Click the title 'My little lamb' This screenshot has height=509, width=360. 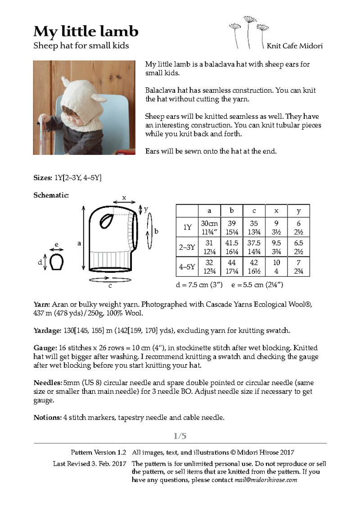(85, 32)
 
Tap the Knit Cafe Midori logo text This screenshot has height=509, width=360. (294, 46)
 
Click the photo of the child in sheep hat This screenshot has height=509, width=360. (85, 108)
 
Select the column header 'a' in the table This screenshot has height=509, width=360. (210, 211)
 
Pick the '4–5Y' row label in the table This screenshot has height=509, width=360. (187, 266)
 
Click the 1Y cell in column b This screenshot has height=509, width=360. (232, 227)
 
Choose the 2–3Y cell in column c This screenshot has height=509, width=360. (254, 247)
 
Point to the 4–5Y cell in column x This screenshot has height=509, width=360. (276, 266)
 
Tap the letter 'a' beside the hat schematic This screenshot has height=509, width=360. (79, 243)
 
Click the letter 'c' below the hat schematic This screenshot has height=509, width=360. (110, 285)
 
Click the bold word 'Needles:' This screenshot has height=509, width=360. (47, 383)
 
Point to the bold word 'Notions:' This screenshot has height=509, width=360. (47, 418)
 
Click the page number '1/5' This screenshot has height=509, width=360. (180, 436)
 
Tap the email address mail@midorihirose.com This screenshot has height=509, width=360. (265, 480)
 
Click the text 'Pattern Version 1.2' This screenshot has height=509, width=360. (98, 452)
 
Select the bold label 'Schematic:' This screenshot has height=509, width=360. (51, 195)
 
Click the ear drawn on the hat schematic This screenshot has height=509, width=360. (107, 221)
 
